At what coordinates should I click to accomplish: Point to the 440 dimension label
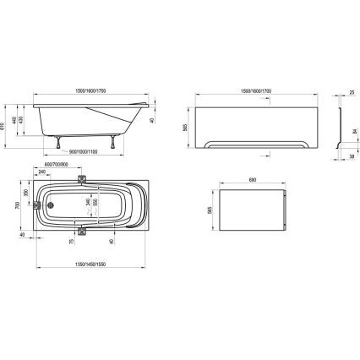(18, 120)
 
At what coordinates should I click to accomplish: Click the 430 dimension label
(25, 121)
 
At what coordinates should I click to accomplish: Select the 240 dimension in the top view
(43, 172)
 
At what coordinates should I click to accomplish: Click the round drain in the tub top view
(49, 203)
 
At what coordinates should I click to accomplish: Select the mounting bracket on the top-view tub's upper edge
(82, 178)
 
